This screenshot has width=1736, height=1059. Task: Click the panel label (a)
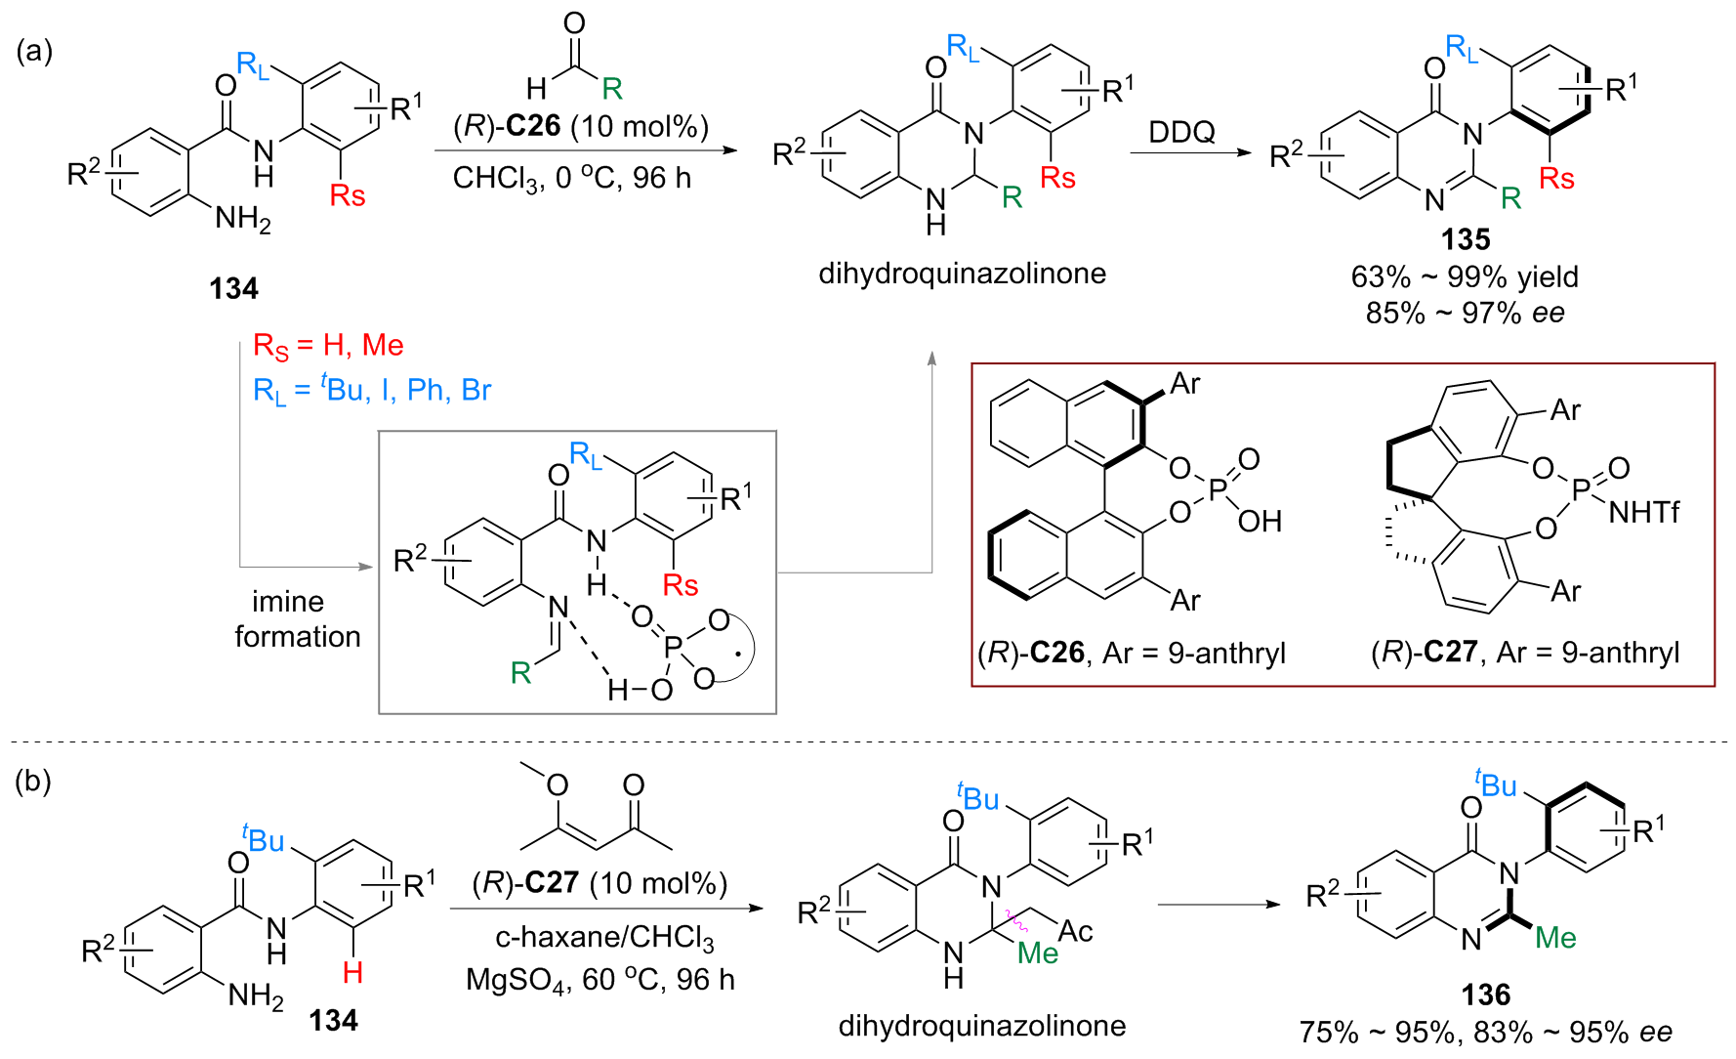click(x=34, y=51)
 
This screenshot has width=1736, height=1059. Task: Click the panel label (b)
click(x=34, y=782)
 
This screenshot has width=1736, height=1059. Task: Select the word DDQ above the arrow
click(x=1181, y=132)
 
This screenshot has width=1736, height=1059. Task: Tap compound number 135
click(x=1466, y=239)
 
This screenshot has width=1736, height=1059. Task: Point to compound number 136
click(x=1485, y=995)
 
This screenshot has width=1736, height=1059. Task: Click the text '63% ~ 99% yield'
click(x=1465, y=276)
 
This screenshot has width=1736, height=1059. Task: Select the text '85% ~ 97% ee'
click(x=1465, y=313)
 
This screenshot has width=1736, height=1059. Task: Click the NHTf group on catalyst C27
click(x=1643, y=512)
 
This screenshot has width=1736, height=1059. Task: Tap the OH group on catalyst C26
click(x=1260, y=522)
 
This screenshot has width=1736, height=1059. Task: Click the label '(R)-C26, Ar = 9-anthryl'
click(x=1132, y=653)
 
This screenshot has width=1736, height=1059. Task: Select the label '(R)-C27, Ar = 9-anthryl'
click(x=1525, y=653)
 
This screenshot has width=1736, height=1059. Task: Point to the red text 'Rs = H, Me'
click(x=328, y=346)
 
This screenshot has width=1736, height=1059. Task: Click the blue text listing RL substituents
click(x=372, y=391)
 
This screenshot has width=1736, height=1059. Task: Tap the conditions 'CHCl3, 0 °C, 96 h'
click(x=572, y=178)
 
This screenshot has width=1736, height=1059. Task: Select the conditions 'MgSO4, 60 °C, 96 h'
click(x=599, y=979)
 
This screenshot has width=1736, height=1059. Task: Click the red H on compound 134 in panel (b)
click(x=352, y=972)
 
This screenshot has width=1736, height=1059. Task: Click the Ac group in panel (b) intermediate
click(x=1075, y=931)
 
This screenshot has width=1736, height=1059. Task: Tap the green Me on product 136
click(x=1555, y=938)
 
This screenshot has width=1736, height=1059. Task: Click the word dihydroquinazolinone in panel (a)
click(x=962, y=274)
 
